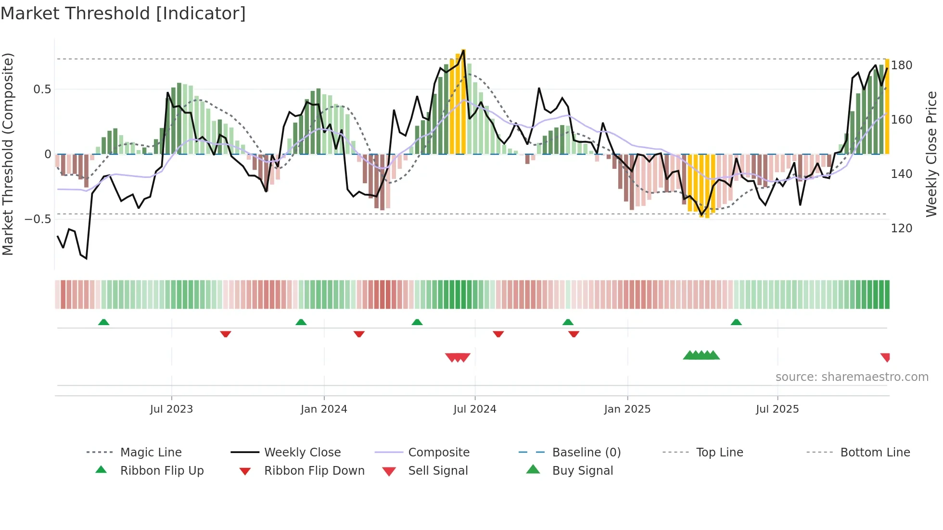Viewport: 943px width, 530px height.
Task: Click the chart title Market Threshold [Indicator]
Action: tap(123, 13)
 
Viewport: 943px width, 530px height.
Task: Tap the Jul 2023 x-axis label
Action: tap(171, 409)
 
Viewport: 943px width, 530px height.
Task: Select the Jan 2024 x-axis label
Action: tap(324, 409)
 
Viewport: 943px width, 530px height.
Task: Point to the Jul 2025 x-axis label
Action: tap(777, 409)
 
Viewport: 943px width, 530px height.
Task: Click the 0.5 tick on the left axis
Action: tap(42, 89)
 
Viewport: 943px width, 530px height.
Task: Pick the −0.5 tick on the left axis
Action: tap(38, 219)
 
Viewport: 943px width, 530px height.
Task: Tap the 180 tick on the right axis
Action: tap(901, 65)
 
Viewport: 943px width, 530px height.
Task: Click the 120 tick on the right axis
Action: tap(901, 228)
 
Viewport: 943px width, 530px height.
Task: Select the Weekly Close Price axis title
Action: tap(931, 154)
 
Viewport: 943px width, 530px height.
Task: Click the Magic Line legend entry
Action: tap(151, 453)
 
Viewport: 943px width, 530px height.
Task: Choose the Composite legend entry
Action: tap(438, 453)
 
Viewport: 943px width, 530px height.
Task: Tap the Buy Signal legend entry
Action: tap(582, 471)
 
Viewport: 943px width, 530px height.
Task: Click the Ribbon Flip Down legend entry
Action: tap(314, 471)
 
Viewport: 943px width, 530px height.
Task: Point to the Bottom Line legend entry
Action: tap(875, 453)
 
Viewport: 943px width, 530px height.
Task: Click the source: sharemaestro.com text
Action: tap(852, 377)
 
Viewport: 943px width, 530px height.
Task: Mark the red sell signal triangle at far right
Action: tap(885, 357)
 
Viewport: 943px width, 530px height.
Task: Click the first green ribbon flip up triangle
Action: tap(103, 322)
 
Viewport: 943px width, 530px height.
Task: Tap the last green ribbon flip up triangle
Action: tap(736, 322)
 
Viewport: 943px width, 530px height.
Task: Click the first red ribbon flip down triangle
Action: tap(226, 334)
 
